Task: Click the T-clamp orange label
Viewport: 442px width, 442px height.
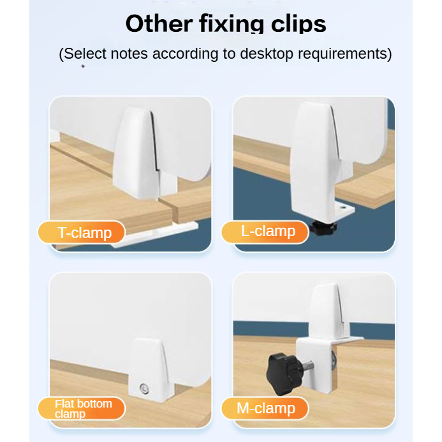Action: point(82,232)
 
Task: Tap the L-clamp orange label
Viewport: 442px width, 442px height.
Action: point(265,232)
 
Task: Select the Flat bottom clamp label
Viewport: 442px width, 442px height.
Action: point(82,408)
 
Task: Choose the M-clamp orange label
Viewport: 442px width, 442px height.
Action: point(265,408)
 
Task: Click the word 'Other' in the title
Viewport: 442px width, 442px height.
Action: point(159,24)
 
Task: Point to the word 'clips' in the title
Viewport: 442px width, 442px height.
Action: point(298,24)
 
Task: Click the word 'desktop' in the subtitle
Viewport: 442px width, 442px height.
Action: point(267,54)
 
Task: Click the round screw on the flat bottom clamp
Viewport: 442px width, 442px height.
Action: point(144,388)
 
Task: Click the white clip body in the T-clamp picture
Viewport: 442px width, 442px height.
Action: point(136,152)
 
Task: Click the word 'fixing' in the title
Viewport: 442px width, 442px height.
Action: point(232,24)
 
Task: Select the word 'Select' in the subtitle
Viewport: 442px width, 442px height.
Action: point(85,54)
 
